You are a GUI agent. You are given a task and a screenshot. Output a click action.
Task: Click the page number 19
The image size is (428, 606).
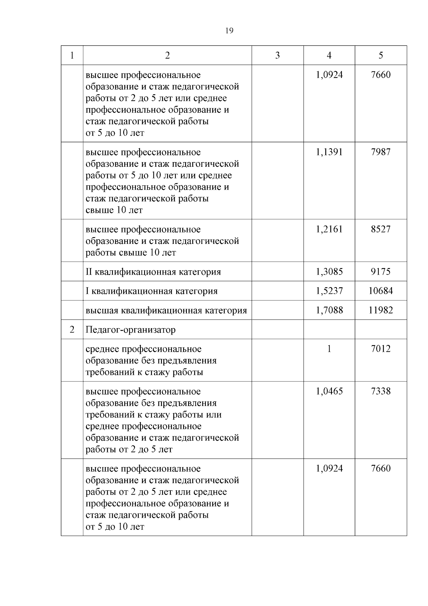229,31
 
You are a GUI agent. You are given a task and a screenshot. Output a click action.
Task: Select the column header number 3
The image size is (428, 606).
277,55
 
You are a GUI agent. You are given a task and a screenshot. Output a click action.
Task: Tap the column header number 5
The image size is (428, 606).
381,55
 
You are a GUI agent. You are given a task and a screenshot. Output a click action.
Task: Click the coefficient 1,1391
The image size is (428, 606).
329,152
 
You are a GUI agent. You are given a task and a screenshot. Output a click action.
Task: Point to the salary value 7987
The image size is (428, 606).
381,152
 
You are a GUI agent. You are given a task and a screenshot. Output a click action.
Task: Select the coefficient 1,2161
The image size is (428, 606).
329,229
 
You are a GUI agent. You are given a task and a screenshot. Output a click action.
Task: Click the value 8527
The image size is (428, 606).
381,229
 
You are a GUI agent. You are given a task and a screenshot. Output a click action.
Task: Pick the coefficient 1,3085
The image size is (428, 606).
329,272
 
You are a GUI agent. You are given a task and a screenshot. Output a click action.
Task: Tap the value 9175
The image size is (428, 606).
381,272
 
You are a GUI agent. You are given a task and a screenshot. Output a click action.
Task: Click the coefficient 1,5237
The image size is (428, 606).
329,291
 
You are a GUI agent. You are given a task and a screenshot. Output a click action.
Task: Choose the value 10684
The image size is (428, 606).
381,291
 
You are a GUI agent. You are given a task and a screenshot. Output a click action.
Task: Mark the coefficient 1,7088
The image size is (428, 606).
329,310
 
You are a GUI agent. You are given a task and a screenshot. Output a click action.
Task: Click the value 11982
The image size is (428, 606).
381,310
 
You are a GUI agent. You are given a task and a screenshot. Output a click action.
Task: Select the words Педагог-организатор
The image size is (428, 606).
131,330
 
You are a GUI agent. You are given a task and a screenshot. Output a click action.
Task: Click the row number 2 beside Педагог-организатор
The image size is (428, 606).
72,330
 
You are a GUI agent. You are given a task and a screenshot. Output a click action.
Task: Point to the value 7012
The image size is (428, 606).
381,349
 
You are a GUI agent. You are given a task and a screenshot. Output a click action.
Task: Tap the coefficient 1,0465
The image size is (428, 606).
329,391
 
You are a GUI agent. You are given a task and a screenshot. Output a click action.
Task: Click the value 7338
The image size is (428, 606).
381,391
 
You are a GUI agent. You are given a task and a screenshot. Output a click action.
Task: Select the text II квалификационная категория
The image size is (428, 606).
153,272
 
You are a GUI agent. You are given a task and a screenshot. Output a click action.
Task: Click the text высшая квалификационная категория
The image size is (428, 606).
166,311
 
